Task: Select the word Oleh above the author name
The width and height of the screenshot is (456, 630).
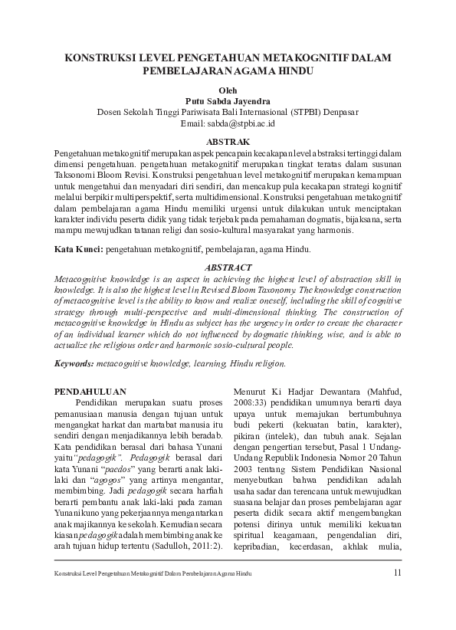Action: [228, 90]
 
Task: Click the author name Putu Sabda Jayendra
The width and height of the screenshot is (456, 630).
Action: [228, 100]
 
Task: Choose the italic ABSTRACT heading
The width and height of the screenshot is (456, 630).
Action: [228, 267]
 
